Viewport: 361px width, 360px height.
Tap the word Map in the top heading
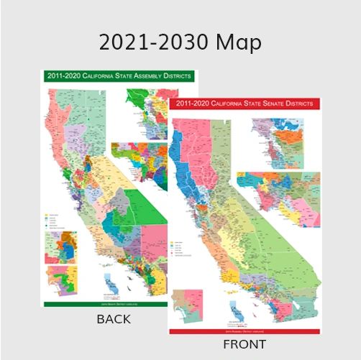(238, 43)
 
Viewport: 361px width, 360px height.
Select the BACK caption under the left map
(114, 320)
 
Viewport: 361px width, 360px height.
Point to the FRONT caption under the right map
(245, 344)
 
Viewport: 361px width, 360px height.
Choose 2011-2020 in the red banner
(191, 103)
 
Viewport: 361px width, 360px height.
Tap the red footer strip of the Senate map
(245, 331)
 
